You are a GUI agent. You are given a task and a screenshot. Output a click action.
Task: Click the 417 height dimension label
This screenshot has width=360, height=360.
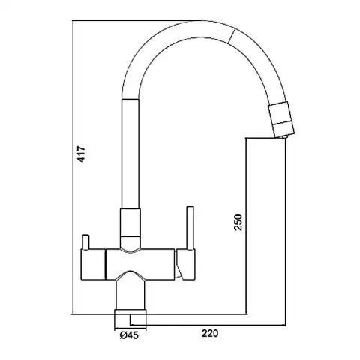coord(82,153)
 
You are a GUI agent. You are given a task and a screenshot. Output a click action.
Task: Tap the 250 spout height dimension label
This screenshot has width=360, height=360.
coord(238,222)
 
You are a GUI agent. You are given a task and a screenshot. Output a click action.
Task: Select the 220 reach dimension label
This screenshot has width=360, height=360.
coord(210,333)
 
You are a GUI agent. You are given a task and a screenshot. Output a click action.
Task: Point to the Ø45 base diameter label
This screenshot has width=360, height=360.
coord(129,335)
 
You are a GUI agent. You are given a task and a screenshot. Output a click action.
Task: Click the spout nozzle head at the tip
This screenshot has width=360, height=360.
coord(281,118)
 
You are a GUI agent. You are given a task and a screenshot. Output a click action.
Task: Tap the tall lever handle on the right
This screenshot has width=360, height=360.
coord(190,228)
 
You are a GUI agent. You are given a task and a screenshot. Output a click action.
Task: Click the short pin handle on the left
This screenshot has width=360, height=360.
coord(85,241)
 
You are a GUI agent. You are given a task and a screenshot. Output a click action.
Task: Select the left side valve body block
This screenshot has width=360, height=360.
coord(93,264)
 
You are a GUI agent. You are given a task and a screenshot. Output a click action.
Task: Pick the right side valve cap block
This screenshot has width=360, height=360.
coord(185,264)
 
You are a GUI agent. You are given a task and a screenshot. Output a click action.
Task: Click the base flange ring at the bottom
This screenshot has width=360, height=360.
coord(130,319)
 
